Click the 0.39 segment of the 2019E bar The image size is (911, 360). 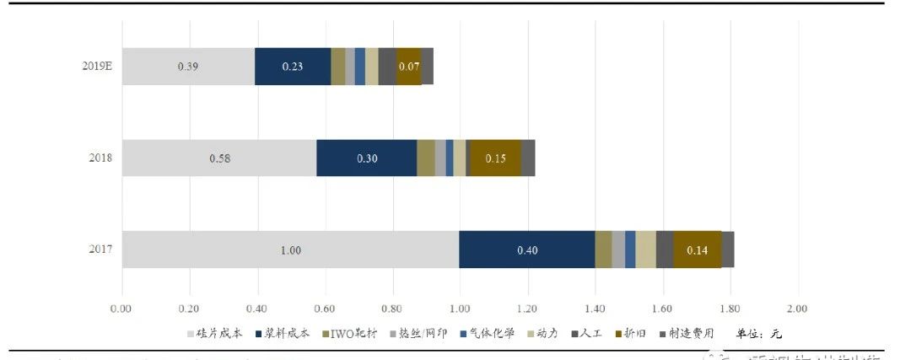pos(188,67)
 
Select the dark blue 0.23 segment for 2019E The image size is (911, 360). pos(293,67)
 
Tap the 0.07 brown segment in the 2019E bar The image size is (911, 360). pos(409,67)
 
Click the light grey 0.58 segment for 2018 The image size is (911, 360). pos(219,158)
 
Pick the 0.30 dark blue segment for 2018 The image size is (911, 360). pos(366,158)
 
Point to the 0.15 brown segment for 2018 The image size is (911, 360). pos(494,158)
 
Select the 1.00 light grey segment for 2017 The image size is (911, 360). pos(290,250)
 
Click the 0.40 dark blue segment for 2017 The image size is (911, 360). pos(526,250)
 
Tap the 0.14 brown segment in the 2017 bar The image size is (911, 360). pos(698,250)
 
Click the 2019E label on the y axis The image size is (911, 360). pos(97,67)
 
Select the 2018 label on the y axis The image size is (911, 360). pos(100,158)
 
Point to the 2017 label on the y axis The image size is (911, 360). pos(100,250)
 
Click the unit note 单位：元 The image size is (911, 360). pos(759,334)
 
